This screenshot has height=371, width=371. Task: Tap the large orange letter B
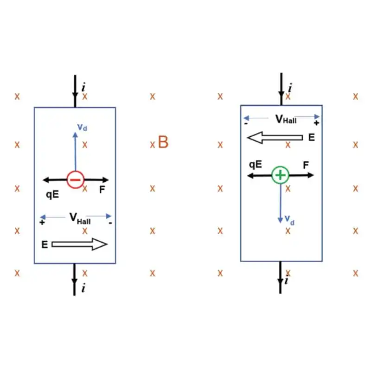click(163, 142)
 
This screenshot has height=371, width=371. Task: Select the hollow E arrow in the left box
click(79, 244)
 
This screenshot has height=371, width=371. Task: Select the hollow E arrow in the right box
click(275, 137)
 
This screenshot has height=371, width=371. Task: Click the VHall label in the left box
click(80, 218)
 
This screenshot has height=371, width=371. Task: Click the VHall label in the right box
click(286, 119)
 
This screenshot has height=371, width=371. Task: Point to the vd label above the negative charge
click(83, 127)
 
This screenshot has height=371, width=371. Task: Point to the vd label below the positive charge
click(289, 220)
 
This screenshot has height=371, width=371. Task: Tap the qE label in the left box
click(52, 194)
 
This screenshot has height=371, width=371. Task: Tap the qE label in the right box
click(256, 165)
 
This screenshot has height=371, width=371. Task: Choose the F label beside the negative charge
click(102, 189)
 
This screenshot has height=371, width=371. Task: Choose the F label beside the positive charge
click(306, 165)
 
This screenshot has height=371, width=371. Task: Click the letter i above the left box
click(83, 87)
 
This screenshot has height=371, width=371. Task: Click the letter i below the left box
click(83, 288)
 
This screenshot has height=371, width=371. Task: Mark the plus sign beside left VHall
click(42, 223)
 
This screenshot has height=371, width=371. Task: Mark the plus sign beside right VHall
click(316, 123)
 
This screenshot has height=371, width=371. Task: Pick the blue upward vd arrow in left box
click(75, 152)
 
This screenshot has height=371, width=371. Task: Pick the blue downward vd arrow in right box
click(281, 204)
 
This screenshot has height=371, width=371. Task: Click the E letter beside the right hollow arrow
click(312, 137)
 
